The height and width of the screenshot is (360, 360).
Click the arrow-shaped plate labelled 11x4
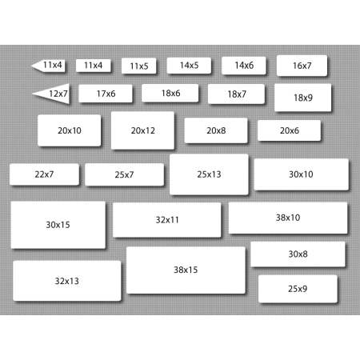(50, 66)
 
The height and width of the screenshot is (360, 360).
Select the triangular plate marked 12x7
(54, 94)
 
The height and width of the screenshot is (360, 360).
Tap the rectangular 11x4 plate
(94, 66)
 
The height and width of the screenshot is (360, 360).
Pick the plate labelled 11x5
(139, 66)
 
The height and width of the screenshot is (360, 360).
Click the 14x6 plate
(244, 66)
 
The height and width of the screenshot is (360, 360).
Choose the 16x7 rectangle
(302, 66)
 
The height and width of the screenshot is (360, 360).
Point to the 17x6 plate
(106, 94)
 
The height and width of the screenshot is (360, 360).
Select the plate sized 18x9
(303, 98)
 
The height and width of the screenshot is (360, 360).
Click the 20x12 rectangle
(142, 130)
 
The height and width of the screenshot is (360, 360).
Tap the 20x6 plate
(289, 130)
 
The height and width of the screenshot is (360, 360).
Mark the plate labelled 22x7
(44, 174)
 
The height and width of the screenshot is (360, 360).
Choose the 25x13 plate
(209, 174)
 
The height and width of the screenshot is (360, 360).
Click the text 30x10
(301, 174)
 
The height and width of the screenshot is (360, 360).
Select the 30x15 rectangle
(58, 225)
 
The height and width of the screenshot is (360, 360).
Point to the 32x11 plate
(167, 220)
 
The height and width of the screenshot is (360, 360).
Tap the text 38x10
(288, 218)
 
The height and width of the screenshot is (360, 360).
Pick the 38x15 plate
(186, 270)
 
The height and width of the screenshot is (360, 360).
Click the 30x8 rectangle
(298, 254)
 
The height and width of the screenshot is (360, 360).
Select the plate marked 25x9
(298, 289)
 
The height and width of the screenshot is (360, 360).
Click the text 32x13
(67, 281)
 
